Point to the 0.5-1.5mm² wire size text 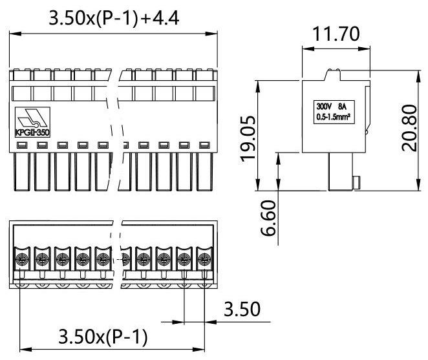point(331,118)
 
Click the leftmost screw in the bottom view point(21,260)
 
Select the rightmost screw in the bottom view point(205,260)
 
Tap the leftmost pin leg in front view point(21,171)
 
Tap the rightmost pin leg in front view point(205,171)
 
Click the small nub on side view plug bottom point(356,183)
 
